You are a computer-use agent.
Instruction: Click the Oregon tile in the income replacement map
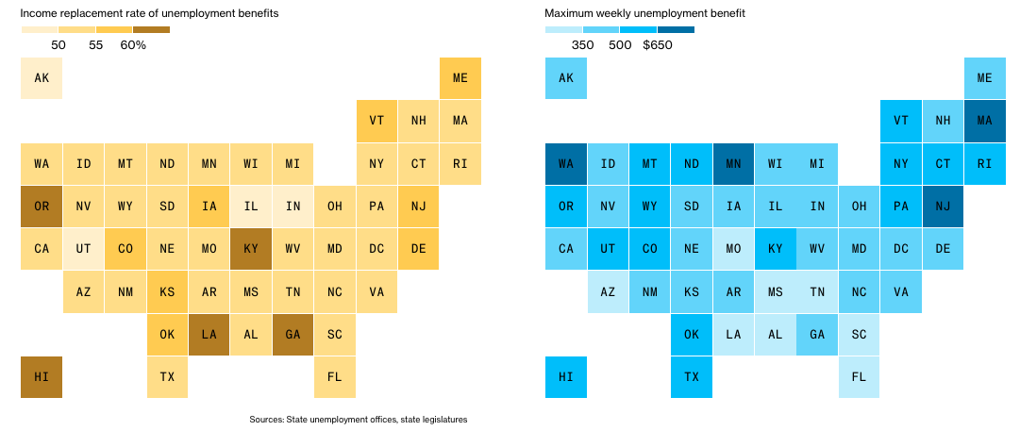coord(42,206)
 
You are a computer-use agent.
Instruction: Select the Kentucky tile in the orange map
coord(251,248)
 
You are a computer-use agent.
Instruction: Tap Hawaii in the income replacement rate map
coord(42,376)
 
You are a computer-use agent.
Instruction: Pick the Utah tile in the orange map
coord(84,248)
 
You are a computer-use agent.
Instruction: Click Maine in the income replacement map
coord(460,78)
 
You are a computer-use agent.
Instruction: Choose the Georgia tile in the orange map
coord(293,334)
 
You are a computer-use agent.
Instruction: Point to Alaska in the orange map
coord(42,78)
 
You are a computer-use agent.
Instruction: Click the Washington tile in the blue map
coord(566,163)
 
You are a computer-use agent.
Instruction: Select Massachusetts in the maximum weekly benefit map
coord(985,121)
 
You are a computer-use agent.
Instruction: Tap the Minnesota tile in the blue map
coord(734,163)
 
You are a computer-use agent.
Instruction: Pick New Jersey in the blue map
coord(943,206)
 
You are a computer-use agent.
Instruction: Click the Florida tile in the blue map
coord(859,376)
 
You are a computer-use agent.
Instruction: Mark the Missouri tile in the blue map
coord(734,248)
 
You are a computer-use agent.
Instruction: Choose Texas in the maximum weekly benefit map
coord(692,376)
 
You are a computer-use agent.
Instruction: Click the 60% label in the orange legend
coord(133,45)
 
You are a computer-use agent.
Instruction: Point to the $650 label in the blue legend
coord(657,45)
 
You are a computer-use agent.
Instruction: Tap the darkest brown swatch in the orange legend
coord(151,30)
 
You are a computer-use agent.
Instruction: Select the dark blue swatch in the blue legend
coord(676,30)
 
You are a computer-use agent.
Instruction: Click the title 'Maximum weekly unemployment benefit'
coord(644,13)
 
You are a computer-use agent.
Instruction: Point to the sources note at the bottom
coord(359,419)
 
